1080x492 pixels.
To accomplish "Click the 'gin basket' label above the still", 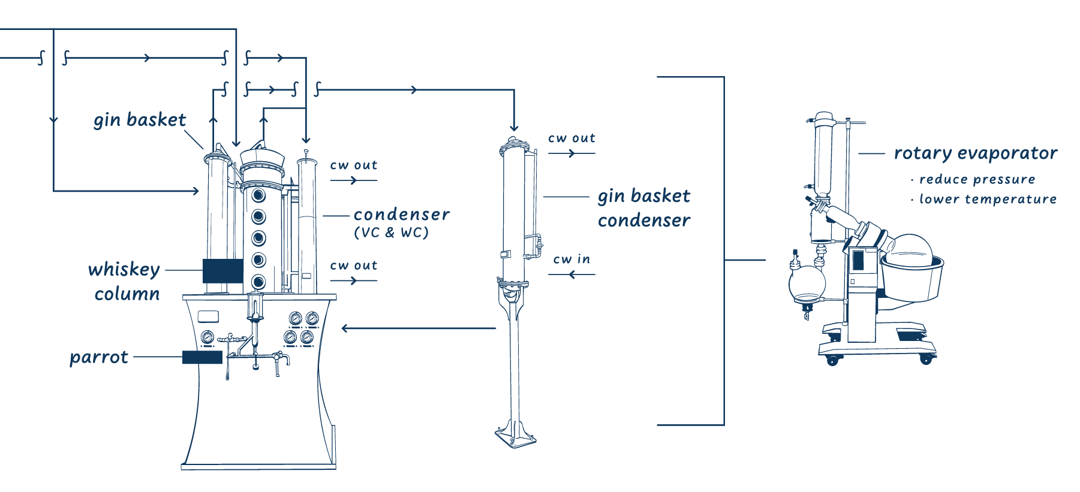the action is pyautogui.click(x=140, y=120).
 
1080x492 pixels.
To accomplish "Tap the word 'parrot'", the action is pyautogui.click(x=99, y=358).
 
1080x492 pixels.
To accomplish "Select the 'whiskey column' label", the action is pyautogui.click(x=125, y=281).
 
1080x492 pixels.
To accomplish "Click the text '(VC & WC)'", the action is pyautogui.click(x=391, y=233).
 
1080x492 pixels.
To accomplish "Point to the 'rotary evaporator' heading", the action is pyautogui.click(x=975, y=153).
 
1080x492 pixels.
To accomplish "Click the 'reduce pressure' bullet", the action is pyautogui.click(x=977, y=180).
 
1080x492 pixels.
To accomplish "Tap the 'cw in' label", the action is pyautogui.click(x=571, y=259).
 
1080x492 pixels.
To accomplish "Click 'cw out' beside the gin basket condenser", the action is pyautogui.click(x=571, y=138).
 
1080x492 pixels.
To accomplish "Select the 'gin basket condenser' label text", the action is pyautogui.click(x=643, y=208).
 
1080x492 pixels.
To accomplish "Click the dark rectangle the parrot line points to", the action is pyautogui.click(x=202, y=358).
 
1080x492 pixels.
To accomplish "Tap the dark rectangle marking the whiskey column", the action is pyautogui.click(x=222, y=270).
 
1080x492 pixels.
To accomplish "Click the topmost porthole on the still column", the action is pyautogui.click(x=258, y=195).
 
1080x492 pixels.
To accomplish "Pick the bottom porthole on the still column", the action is pyautogui.click(x=258, y=280).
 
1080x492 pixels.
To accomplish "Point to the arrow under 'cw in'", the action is pyautogui.click(x=571, y=274).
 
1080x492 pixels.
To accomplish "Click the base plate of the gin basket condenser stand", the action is pyautogui.click(x=516, y=440).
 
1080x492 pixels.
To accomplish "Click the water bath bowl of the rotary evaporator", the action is pyautogui.click(x=911, y=276).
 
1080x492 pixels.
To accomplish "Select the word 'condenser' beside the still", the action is pyautogui.click(x=401, y=215).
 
